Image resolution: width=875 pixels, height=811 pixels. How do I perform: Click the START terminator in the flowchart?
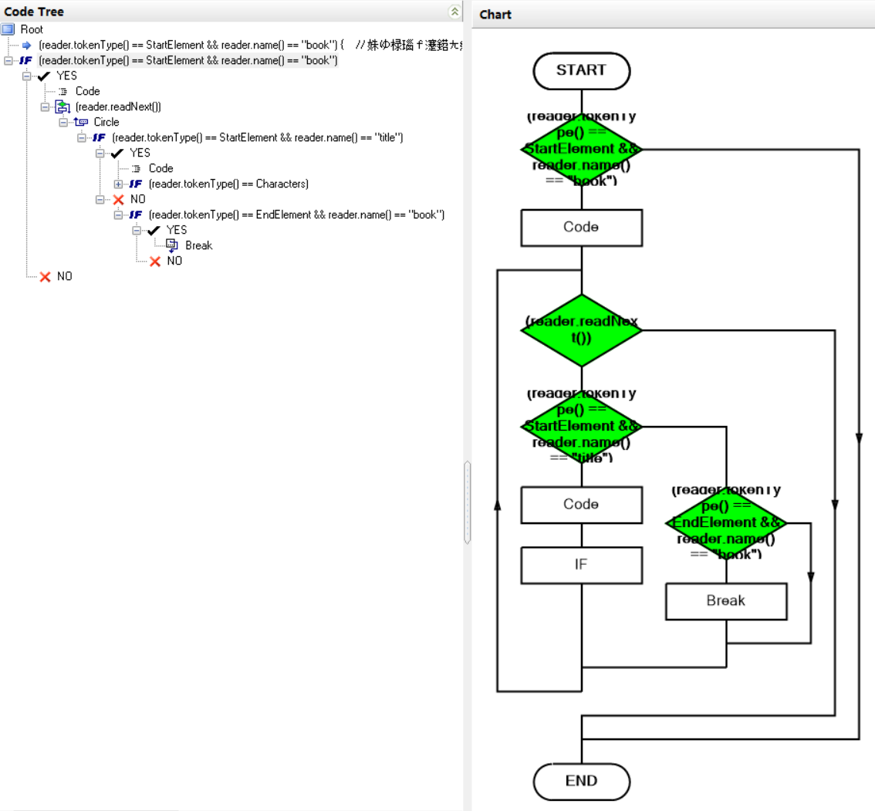coord(581,70)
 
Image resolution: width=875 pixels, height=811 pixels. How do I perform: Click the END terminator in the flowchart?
coord(581,780)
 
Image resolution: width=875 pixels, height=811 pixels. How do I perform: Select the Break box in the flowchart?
coord(726,600)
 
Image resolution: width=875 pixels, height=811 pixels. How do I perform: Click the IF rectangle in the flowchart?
coord(581,564)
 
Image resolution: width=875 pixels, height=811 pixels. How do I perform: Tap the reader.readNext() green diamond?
coord(581,330)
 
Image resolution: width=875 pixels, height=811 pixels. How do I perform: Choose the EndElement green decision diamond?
coord(726,523)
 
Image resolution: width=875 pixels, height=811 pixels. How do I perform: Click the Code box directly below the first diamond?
coord(581,227)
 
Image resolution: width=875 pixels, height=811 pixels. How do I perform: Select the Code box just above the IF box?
coord(581,504)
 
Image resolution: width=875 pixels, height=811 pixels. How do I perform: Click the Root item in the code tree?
coord(32,29)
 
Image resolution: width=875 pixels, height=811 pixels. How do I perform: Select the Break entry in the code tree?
coord(198,245)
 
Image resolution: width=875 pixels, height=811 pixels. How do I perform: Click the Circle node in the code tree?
coord(106,122)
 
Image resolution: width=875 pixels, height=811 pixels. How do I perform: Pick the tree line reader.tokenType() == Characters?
coord(228,184)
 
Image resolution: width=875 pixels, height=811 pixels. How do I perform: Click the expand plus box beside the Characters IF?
coord(118,184)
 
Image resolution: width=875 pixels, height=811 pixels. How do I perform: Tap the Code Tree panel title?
coord(35,12)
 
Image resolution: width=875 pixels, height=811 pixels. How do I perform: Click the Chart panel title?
coord(495,14)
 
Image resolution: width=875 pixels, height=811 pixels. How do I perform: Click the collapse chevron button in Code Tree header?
coord(454,12)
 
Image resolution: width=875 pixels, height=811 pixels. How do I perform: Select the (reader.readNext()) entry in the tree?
coord(118,106)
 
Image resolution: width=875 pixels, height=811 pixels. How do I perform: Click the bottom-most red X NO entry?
coord(65,276)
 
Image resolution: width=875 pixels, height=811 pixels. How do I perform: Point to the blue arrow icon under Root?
coord(26,45)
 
